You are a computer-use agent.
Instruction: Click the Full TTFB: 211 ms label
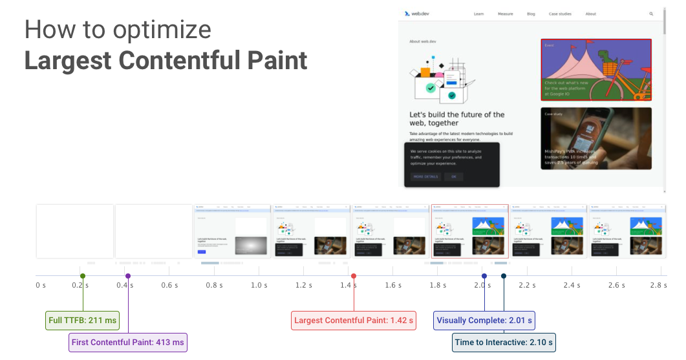point(83,320)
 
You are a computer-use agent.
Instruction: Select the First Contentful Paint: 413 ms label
point(128,343)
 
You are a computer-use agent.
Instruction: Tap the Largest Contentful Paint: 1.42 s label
point(354,320)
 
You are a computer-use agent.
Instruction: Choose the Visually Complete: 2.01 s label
point(484,320)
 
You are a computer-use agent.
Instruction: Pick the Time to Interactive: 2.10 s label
point(504,343)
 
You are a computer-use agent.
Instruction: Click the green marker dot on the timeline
point(83,276)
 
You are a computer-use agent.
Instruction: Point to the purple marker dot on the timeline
point(128,276)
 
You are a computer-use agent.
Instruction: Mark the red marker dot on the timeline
point(354,276)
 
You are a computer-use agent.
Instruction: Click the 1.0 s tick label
point(259,285)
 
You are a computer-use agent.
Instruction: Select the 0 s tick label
point(41,285)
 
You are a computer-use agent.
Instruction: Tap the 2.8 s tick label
point(659,285)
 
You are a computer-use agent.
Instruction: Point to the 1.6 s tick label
point(392,285)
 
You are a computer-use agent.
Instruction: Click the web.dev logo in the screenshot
point(417,14)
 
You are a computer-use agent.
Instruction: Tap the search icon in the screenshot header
point(651,14)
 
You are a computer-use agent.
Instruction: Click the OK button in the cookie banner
point(454,176)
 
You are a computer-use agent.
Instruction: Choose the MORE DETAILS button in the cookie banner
point(425,176)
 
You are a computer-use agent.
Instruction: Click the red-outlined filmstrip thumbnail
point(469,231)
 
